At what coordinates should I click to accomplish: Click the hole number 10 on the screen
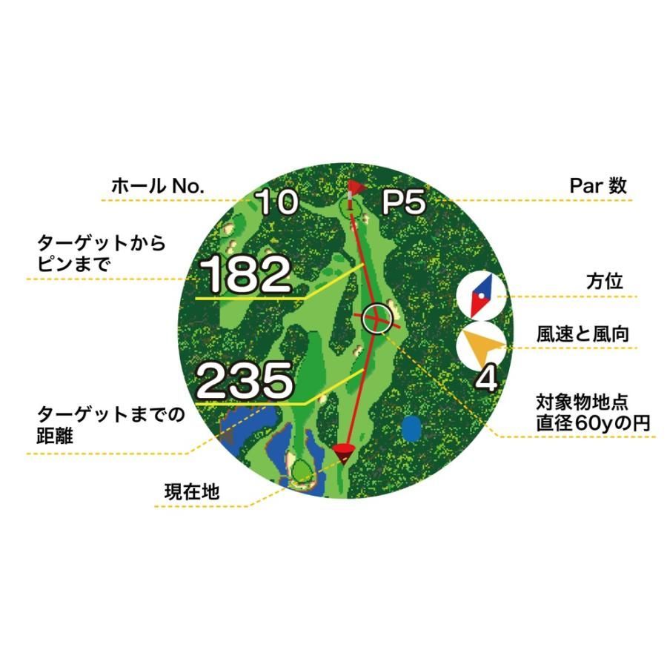click(277, 202)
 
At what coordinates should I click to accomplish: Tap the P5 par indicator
click(403, 202)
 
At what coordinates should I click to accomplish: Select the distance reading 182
click(245, 274)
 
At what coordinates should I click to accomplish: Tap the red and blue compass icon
click(482, 296)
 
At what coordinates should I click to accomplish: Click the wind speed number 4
click(485, 379)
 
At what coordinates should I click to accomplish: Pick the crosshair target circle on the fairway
click(377, 319)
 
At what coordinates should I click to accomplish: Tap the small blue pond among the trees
click(411, 428)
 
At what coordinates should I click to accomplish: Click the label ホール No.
click(158, 186)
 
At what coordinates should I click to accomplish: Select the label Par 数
click(598, 186)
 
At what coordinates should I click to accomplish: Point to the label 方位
click(605, 281)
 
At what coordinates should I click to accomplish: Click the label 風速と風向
click(583, 334)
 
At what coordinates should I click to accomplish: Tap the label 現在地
click(192, 492)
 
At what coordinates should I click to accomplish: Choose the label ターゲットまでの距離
click(110, 425)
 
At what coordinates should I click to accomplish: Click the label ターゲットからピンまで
click(101, 254)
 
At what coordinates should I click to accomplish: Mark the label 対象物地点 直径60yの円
click(593, 413)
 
